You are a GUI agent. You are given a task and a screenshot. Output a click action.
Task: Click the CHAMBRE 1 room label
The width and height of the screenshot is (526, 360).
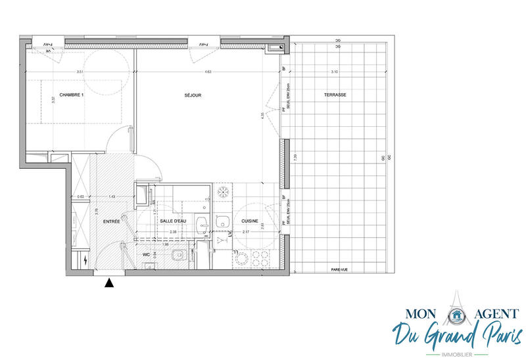[73, 95]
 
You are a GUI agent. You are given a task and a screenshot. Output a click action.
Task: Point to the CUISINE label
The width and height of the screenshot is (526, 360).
[249, 221]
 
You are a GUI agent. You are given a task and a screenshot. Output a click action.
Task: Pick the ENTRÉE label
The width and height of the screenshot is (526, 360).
[111, 221]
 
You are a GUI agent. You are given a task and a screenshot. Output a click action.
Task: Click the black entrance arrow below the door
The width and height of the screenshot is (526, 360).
[109, 283]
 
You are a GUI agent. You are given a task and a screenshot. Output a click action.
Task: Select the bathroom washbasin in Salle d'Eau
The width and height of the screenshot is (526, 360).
[203, 224]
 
